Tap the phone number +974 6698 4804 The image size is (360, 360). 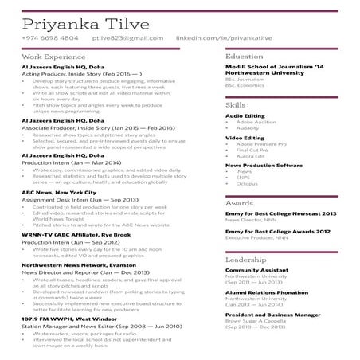(50, 37)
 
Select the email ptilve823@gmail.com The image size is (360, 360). (121, 37)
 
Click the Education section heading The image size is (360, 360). (244, 57)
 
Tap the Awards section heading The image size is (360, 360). (240, 203)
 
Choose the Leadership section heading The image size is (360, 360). (245, 260)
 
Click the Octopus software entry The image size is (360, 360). (248, 183)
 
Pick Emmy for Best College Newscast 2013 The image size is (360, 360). (280, 214)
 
